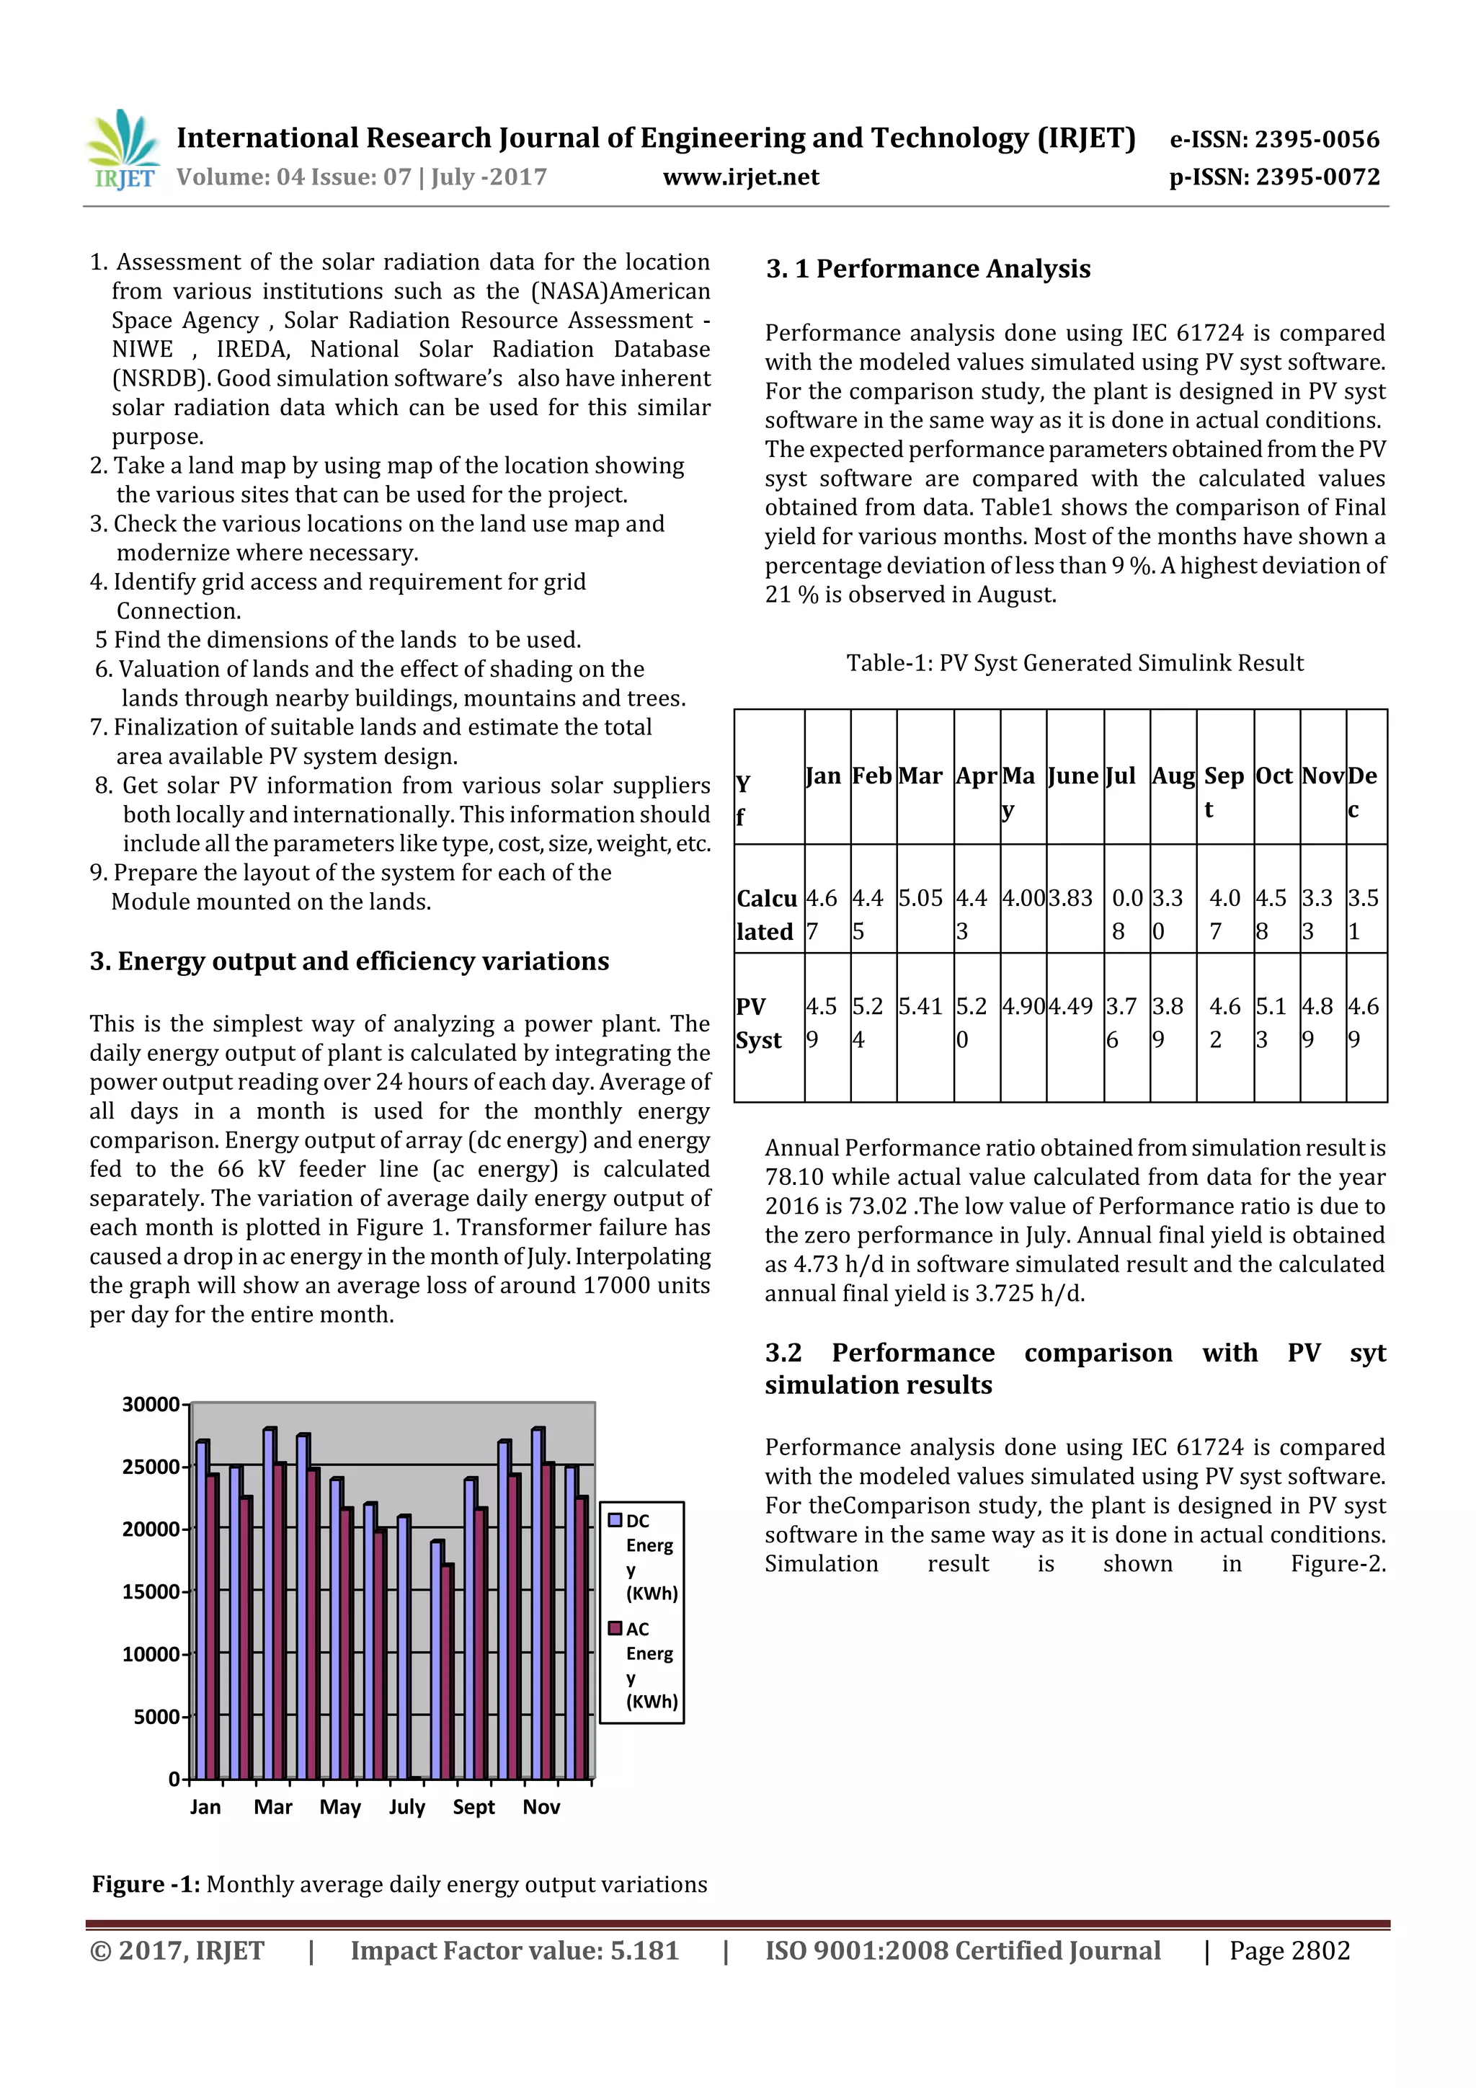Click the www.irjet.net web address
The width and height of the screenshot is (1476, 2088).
740,177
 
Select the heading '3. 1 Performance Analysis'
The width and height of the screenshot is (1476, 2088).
928,269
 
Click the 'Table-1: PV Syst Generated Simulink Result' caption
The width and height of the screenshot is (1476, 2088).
1074,663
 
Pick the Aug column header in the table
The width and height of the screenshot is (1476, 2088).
1173,776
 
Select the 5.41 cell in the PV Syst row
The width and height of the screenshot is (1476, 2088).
920,1007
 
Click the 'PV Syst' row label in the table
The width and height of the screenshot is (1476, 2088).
760,1023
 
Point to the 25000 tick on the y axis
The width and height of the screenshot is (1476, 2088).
151,1467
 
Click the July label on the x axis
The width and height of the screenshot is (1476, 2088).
406,1807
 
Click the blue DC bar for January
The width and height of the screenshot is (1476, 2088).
201,1609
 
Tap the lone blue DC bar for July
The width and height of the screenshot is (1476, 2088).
403,1646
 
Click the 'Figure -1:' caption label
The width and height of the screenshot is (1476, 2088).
146,1884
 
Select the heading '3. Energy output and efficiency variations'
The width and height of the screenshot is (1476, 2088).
350,961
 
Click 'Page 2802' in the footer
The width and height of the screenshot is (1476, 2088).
1289,1950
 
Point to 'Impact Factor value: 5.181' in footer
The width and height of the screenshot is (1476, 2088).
515,1950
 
